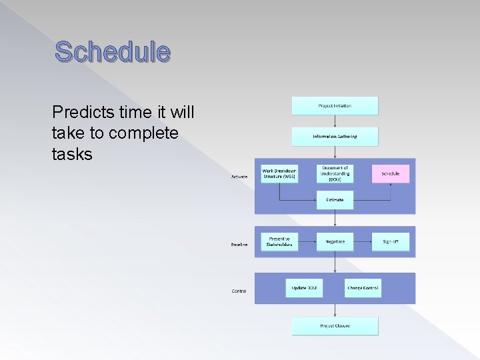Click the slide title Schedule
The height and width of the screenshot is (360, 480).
[113, 51]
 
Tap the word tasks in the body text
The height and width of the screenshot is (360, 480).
[71, 155]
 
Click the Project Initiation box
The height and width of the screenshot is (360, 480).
[335, 105]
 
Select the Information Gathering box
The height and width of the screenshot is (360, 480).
[335, 137]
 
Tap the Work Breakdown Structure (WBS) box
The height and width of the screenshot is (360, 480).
[279, 173]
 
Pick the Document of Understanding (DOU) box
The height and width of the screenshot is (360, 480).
[335, 173]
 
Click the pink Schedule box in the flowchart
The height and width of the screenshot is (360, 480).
[391, 173]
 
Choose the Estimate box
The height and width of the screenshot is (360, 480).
[335, 200]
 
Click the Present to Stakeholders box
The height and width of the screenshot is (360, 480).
[279, 241]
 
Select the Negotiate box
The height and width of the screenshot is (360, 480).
[335, 241]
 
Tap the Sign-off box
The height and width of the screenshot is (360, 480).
[391, 241]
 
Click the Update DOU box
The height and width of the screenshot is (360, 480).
[304, 288]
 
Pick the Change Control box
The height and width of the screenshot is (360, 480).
[363, 288]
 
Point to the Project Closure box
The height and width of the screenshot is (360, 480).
[335, 326]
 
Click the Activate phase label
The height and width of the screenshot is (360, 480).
[239, 177]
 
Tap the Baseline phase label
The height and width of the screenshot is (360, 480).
[239, 245]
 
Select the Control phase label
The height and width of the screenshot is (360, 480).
[239, 291]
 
